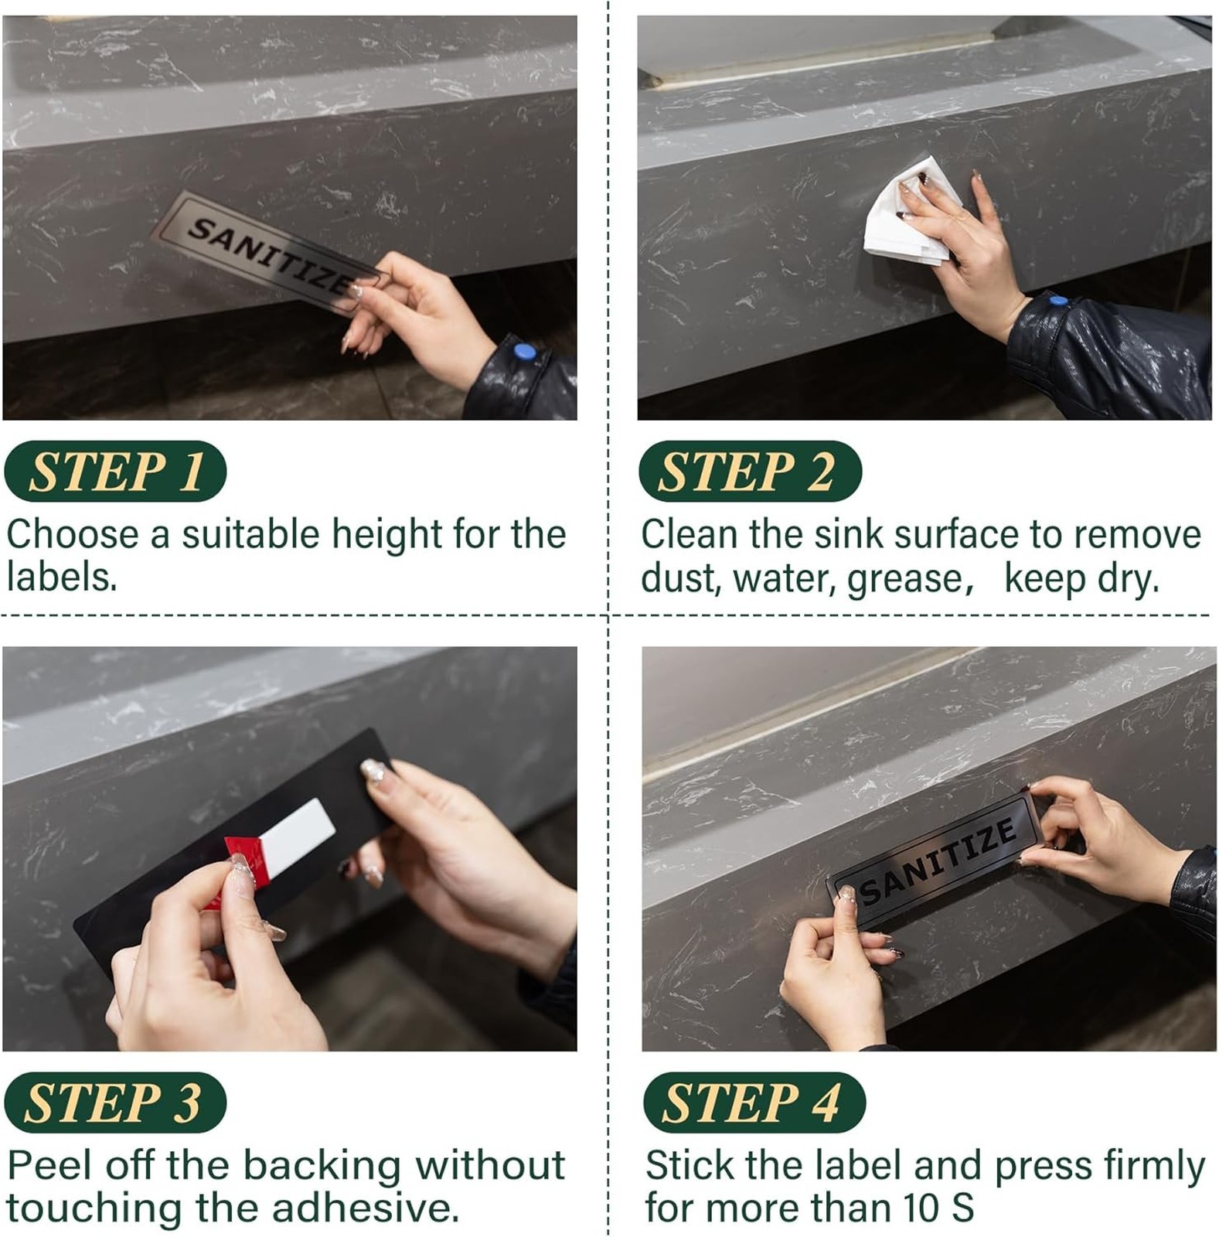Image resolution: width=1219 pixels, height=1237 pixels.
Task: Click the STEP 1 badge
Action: pyautogui.click(x=115, y=471)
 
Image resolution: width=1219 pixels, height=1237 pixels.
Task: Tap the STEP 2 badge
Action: pyautogui.click(x=750, y=471)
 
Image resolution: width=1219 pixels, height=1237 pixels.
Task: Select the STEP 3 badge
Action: pyautogui.click(x=115, y=1102)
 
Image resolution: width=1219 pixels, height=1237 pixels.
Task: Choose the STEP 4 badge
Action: pyautogui.click(x=754, y=1102)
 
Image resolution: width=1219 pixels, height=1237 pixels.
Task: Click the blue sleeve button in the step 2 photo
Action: pyautogui.click(x=1059, y=300)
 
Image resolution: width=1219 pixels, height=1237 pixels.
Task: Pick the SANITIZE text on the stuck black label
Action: pyautogui.click(x=938, y=860)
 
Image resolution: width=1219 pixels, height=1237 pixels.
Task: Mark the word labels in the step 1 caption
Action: pyautogui.click(x=63, y=577)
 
